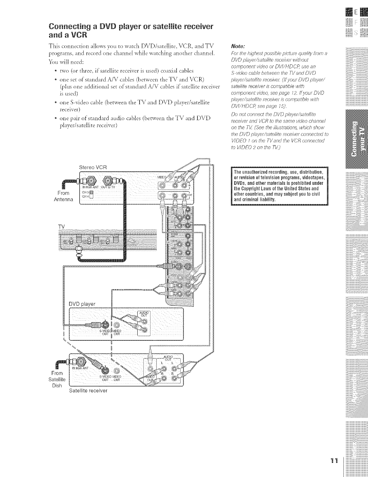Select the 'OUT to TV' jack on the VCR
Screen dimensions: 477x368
[x=108, y=181]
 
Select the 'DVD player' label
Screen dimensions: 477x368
[x=82, y=304]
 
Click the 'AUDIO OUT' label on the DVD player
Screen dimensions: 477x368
[x=143, y=314]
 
